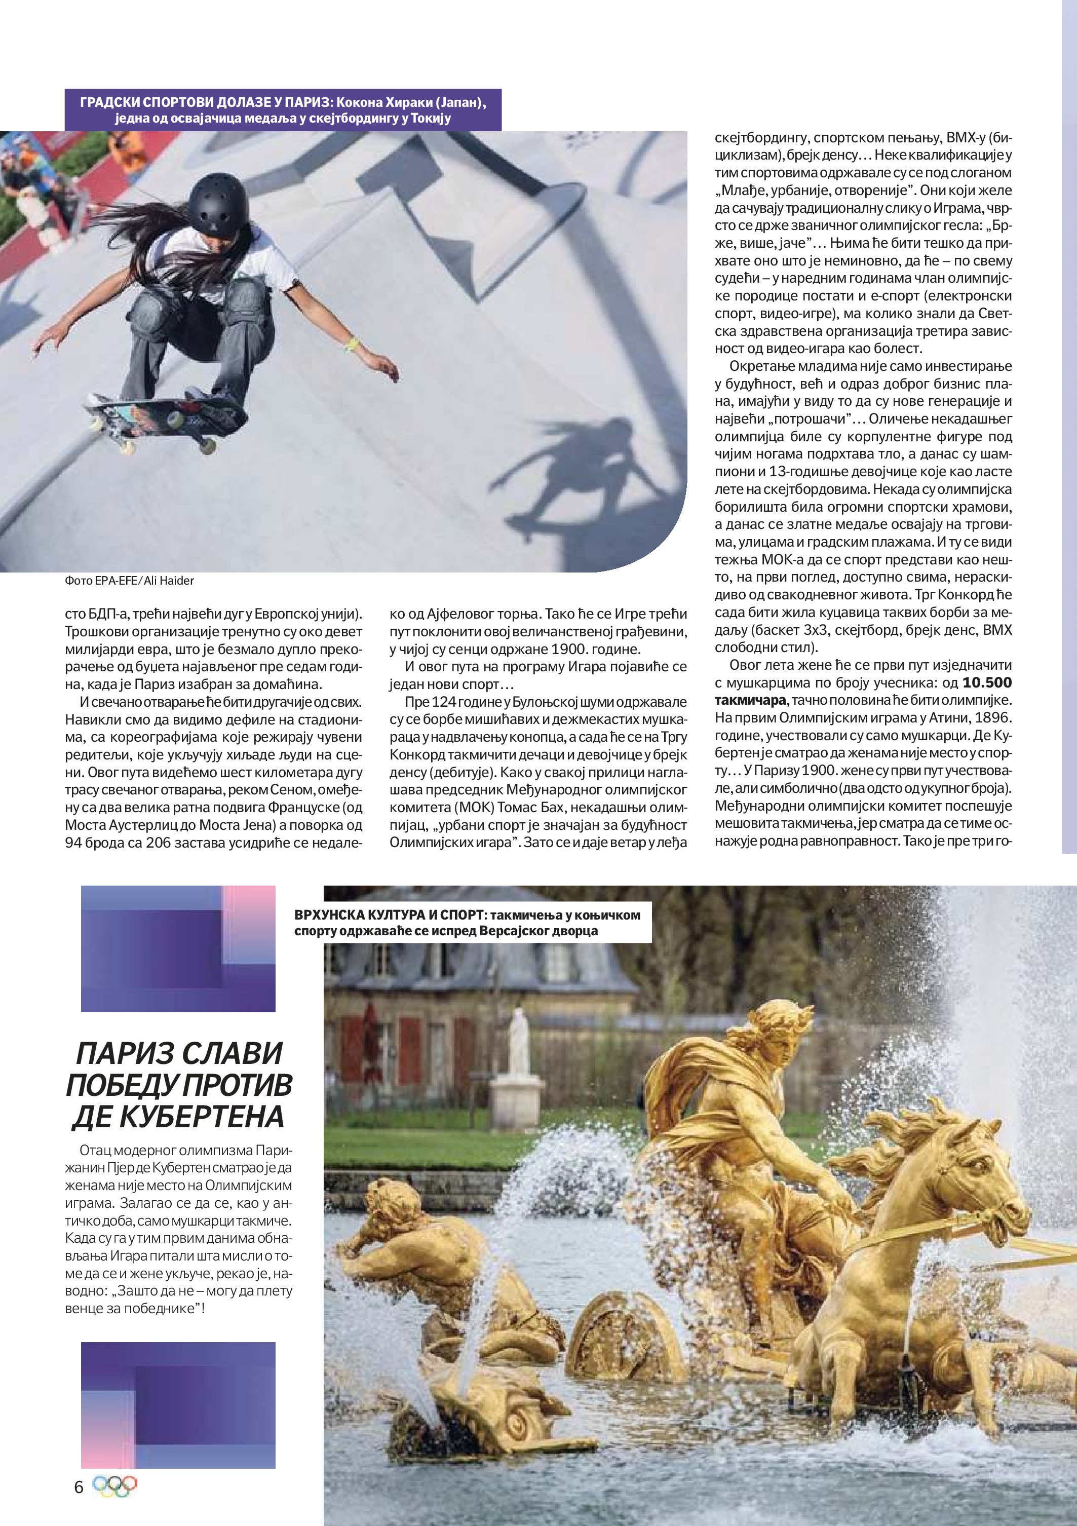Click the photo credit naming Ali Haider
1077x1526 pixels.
(130, 580)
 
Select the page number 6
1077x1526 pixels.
(79, 1487)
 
